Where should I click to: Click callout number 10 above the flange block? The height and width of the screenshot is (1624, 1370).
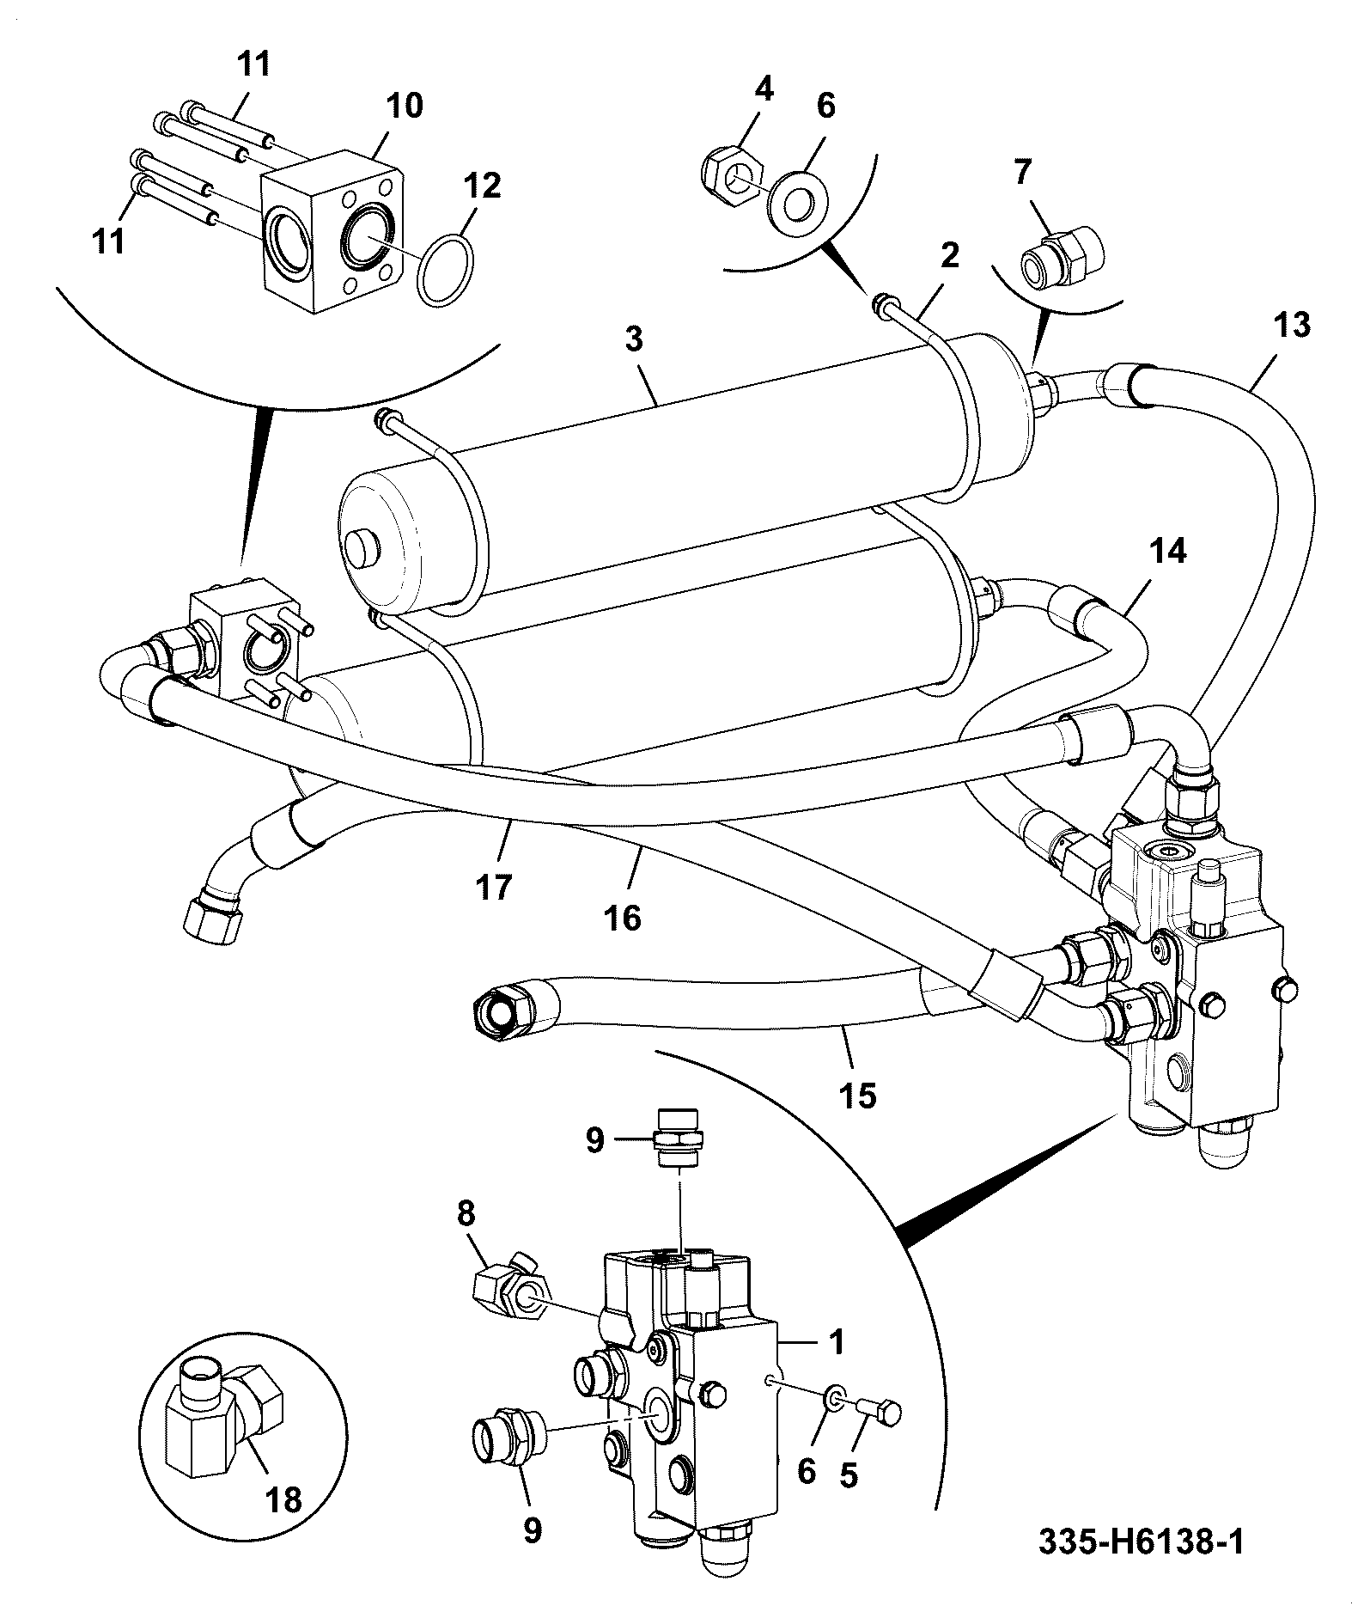click(404, 107)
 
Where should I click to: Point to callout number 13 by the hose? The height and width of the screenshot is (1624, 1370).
click(1293, 326)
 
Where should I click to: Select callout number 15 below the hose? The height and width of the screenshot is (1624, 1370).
click(859, 1096)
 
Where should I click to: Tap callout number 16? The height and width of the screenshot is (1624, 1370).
click(623, 918)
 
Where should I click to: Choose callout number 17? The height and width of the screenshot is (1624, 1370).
click(494, 886)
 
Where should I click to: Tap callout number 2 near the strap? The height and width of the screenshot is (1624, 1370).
click(949, 255)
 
